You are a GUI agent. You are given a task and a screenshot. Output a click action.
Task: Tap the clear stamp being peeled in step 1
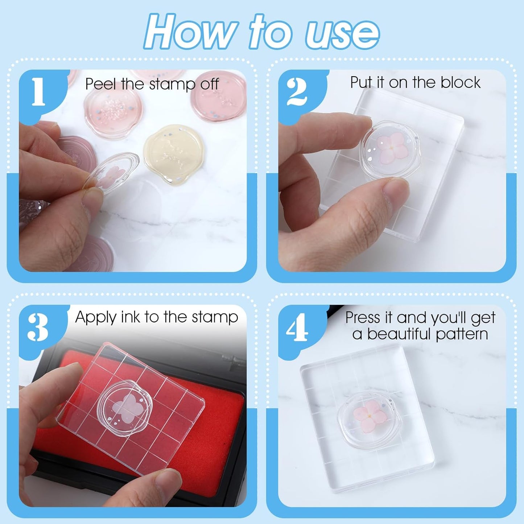[111, 173]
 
